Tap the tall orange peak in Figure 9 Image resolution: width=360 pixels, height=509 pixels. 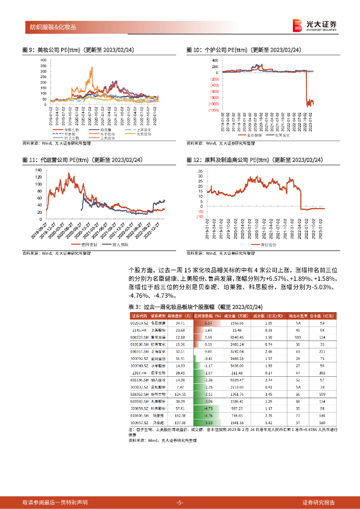(91, 68)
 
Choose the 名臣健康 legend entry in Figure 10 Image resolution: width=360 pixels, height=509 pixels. (252, 135)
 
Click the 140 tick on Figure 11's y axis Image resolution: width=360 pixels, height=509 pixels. (38, 170)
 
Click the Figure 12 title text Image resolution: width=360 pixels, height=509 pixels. (255, 160)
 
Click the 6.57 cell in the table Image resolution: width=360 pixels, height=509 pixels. (208, 323)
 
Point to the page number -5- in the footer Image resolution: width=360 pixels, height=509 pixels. (180, 502)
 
